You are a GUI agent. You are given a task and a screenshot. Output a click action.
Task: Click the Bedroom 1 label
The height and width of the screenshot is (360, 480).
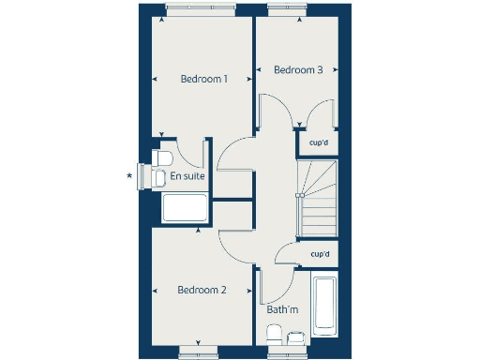pos(203,80)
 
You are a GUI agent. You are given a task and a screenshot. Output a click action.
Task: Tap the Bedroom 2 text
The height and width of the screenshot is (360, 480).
pos(202,291)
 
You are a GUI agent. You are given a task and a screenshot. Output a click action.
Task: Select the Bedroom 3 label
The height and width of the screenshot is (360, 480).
pos(298,70)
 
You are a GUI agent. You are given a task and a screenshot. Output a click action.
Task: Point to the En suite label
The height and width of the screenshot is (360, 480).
pos(187,175)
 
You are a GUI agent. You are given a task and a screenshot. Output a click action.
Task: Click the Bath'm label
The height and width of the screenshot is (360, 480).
pos(282,309)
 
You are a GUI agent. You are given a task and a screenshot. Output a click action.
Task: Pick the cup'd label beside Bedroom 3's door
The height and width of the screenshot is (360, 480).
pos(319,142)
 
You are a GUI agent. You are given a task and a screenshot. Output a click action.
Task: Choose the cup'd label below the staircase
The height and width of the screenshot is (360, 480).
pos(319,254)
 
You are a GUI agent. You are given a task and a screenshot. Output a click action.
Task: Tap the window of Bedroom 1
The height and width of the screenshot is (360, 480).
pos(201,8)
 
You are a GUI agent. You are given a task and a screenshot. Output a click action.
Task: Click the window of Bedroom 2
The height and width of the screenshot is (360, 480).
pos(200,351)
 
